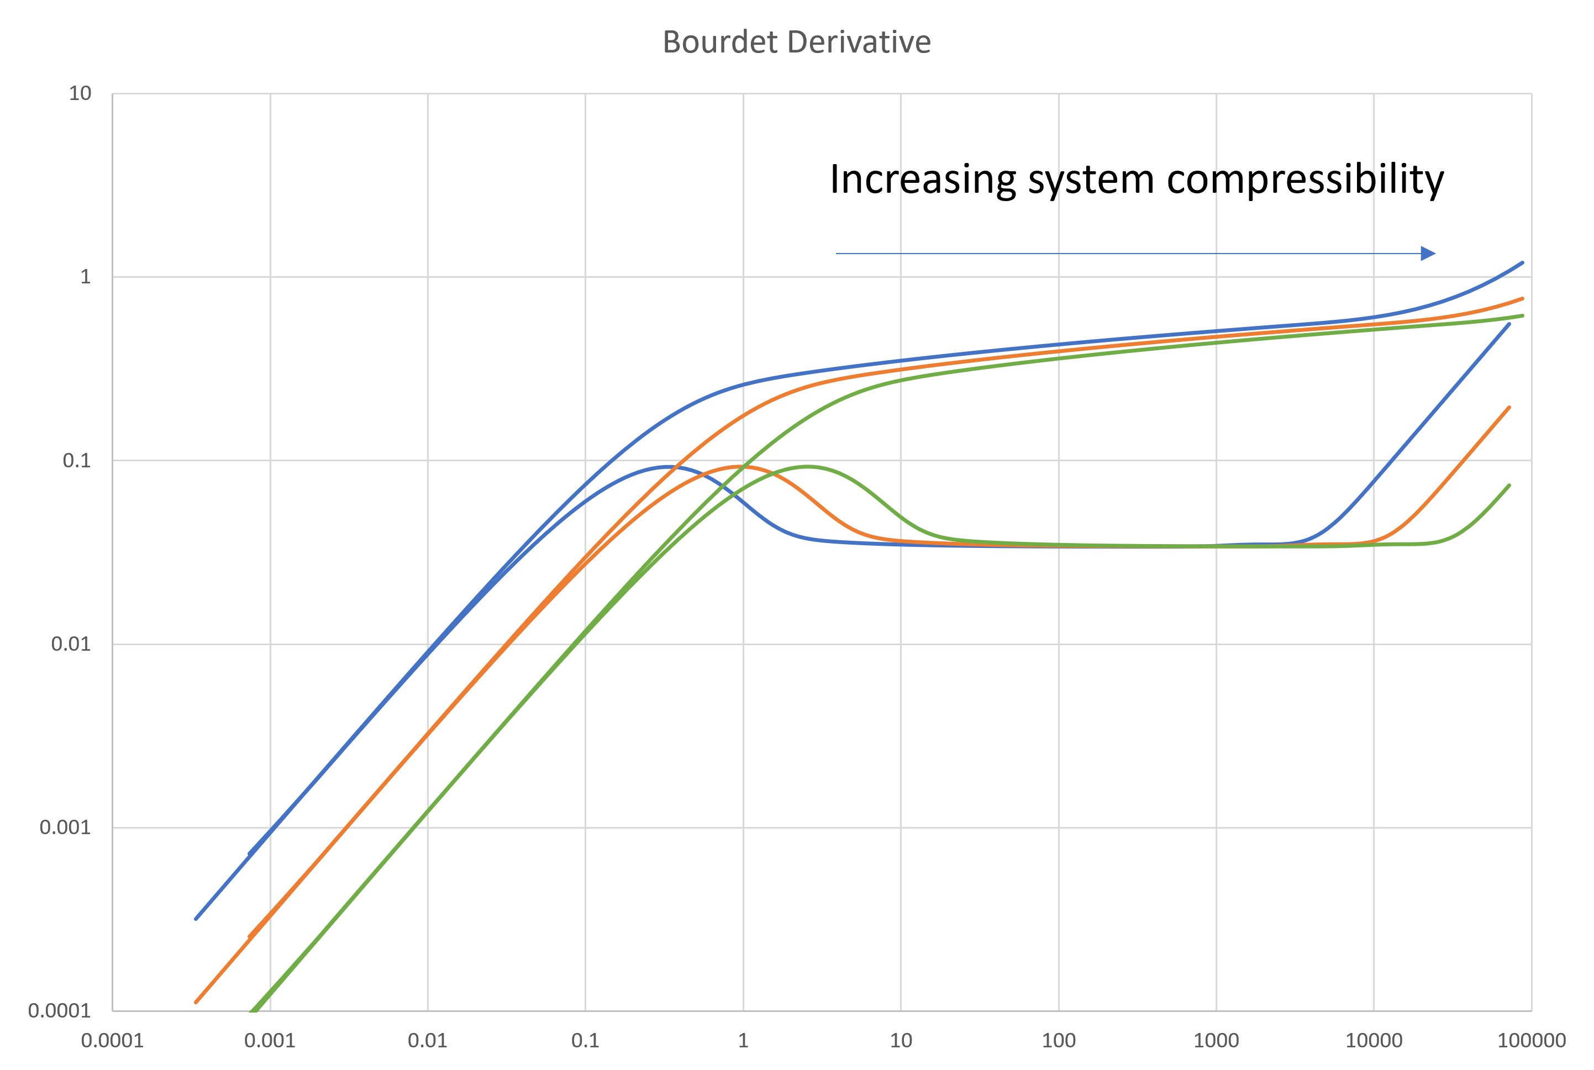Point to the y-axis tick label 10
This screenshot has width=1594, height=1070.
tap(80, 93)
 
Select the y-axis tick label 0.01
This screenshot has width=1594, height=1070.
tap(71, 644)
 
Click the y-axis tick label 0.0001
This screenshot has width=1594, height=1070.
tap(59, 1011)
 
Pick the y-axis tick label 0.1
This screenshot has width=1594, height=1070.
tap(76, 461)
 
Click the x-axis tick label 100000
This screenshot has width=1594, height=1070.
tap(1531, 1041)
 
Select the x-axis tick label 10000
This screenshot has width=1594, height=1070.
tap(1374, 1041)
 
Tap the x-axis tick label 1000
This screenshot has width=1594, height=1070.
tap(1216, 1041)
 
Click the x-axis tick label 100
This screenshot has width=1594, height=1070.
tap(1059, 1041)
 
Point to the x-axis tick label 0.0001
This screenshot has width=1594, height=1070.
tap(113, 1041)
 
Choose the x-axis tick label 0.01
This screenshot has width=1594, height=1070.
tap(428, 1041)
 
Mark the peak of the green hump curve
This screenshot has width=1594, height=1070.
tap(807, 467)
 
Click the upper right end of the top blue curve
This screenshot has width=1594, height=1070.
tap(1522, 263)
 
